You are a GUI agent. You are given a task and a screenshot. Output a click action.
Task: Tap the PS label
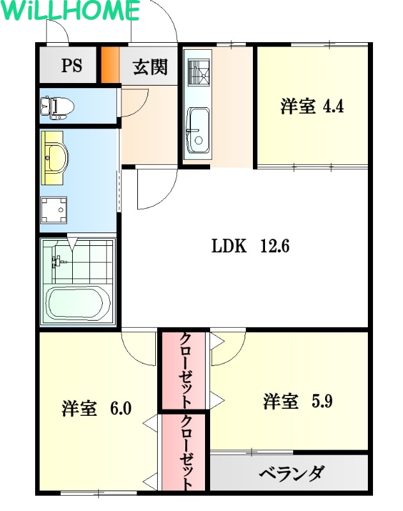coord(71,66)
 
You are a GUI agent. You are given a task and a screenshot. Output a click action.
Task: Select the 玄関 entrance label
coord(150,66)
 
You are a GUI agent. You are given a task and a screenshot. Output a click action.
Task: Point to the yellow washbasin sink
coord(56,156)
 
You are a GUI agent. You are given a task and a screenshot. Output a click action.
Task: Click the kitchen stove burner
coord(199,72)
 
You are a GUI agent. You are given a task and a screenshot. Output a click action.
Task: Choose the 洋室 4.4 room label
coord(312,106)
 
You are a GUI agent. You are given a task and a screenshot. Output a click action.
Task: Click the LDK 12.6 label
coord(250,246)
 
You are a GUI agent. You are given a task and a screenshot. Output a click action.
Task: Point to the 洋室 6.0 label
coord(96,408)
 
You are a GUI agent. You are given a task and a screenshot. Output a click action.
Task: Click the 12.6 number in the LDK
coord(275,246)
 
